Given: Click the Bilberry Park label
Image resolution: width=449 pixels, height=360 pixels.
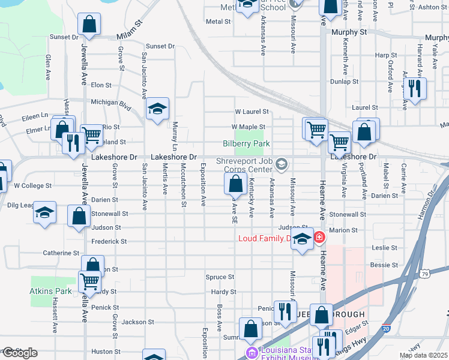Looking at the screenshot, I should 246,143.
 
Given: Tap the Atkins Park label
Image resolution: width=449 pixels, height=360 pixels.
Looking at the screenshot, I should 51,291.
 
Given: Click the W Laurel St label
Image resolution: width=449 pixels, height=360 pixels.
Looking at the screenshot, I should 251,112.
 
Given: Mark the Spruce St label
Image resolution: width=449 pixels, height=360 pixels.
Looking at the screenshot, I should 220,277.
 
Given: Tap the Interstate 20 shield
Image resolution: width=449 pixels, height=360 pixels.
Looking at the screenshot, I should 385,329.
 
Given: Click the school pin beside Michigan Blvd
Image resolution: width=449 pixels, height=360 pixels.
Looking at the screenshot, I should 158,109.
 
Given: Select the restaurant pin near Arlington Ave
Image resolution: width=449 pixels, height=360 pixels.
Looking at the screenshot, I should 414,88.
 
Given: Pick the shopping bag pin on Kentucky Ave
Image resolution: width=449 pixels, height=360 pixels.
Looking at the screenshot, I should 236,184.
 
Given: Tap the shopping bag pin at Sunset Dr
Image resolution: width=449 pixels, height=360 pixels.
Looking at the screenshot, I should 89,25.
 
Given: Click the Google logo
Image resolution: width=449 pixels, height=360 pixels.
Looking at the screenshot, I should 19,353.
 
